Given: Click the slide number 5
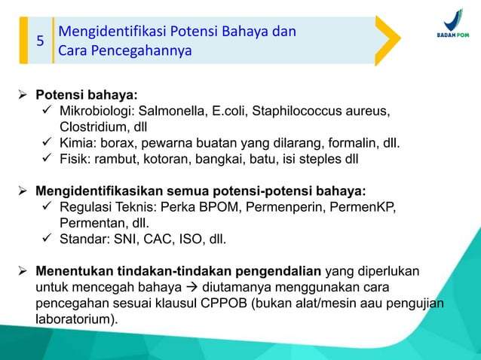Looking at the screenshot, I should (41, 41).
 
